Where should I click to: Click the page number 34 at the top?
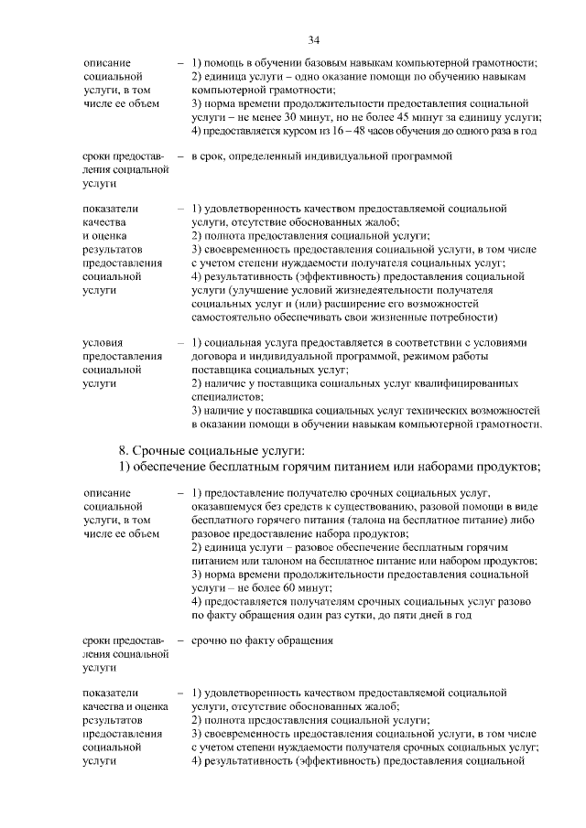[313, 40]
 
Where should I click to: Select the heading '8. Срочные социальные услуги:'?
[212, 451]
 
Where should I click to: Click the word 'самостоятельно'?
[232, 317]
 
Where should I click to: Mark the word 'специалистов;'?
[227, 397]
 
